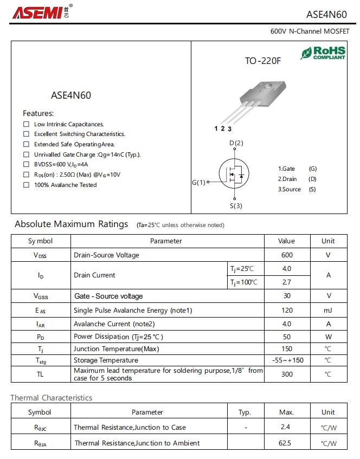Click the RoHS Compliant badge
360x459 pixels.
click(x=323, y=53)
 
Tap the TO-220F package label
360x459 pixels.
click(x=263, y=61)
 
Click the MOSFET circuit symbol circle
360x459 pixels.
click(x=234, y=174)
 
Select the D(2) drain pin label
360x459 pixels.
click(x=236, y=143)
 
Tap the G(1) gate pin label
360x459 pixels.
click(x=199, y=183)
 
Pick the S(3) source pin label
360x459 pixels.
click(x=235, y=205)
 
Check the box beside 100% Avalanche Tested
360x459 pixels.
click(x=26, y=185)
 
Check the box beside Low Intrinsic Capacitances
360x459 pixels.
click(x=26, y=124)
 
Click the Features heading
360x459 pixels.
click(x=38, y=113)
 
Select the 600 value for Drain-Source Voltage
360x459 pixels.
click(x=287, y=255)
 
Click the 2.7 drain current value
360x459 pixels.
click(x=287, y=282)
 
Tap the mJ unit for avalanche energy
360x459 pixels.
click(x=328, y=310)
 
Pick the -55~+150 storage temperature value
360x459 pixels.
click(x=287, y=360)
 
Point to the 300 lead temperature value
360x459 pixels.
click(x=287, y=374)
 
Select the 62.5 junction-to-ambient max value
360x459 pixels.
click(x=285, y=443)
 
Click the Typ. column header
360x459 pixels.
click(x=245, y=412)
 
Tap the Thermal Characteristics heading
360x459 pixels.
click(x=52, y=398)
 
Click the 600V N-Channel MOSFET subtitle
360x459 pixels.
click(x=310, y=31)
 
